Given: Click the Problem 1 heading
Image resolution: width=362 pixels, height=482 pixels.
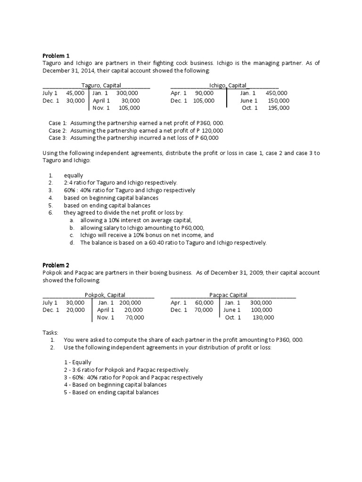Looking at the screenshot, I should click(56, 56).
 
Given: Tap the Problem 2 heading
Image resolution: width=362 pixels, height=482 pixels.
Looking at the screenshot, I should click(56, 265).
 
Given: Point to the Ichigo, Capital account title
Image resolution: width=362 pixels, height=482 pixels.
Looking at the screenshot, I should click(228, 85).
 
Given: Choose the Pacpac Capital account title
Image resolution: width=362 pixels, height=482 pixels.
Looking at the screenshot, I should click(228, 295).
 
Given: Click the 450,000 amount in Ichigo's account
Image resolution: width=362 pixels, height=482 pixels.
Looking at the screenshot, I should click(276, 93).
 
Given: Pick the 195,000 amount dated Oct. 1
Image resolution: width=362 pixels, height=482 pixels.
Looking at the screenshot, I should click(279, 108).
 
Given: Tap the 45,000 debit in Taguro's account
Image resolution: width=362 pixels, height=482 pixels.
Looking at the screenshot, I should click(75, 93).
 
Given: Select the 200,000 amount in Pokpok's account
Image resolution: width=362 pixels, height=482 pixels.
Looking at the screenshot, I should click(130, 303).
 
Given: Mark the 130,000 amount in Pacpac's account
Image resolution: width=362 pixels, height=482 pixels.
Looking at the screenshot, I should click(263, 318).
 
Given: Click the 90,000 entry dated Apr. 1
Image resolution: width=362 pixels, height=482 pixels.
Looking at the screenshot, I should click(204, 93).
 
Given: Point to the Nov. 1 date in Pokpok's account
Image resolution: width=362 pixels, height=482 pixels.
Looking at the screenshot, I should click(106, 318).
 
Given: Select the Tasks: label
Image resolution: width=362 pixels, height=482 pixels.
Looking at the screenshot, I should click(50, 332).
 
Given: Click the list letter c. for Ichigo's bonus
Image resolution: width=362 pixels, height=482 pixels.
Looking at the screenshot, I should click(71, 235).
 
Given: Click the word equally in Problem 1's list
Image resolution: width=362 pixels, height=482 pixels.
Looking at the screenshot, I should click(74, 175).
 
